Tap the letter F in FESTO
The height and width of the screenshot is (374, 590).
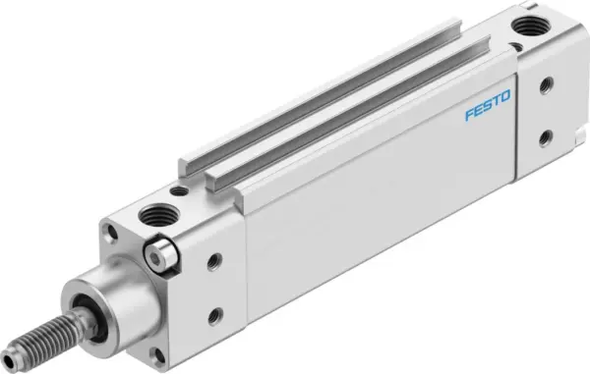pyautogui.click(x=469, y=121)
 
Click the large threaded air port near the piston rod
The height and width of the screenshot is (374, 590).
pyautogui.click(x=157, y=213)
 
